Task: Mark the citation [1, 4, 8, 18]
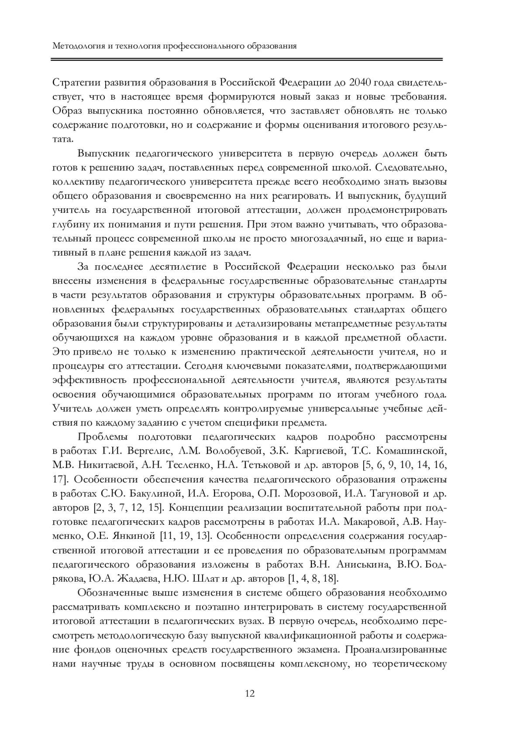click(313, 579)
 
